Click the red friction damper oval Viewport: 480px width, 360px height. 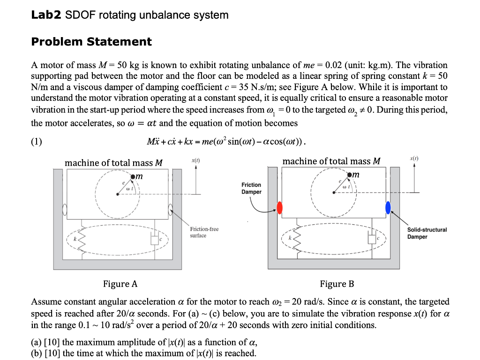click(280, 207)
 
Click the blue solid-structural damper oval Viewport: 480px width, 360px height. click(388, 207)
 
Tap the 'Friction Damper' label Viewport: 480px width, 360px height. click(251, 188)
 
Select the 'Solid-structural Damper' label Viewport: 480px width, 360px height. click(427, 233)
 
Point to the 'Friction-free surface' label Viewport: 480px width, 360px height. click(204, 232)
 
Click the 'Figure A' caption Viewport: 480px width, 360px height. click(120, 283)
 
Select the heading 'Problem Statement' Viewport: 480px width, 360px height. click(91, 42)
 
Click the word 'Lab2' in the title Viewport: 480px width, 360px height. click(45, 15)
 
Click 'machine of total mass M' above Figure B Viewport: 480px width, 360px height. click(331, 161)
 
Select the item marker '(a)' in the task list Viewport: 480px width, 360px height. click(36, 342)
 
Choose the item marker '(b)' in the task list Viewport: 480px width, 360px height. click(36, 353)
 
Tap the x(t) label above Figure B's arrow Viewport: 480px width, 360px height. click(414, 160)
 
